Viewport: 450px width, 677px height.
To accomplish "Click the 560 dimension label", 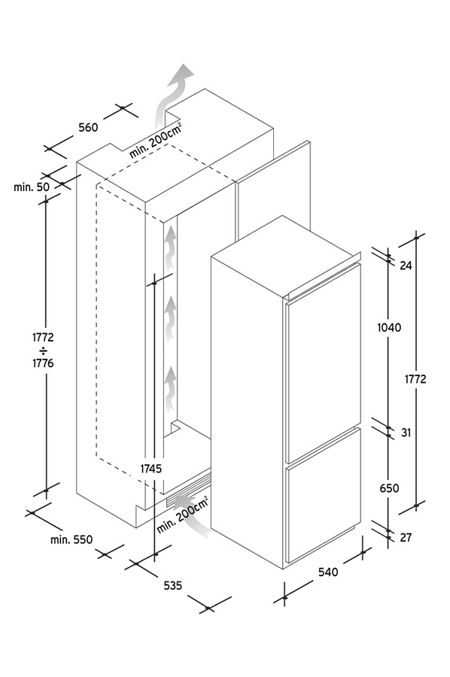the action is [89, 127].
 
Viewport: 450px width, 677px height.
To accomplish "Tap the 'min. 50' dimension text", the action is [32, 187].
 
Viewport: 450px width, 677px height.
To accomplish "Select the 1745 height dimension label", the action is [151, 469].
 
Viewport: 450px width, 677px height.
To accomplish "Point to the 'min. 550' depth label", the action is [71, 539].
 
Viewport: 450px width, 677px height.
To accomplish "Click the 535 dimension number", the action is [173, 585].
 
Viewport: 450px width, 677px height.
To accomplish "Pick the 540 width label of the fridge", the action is [328, 572].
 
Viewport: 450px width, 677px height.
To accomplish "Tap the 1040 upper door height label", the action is [389, 328].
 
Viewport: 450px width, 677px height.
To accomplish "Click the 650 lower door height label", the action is [389, 488].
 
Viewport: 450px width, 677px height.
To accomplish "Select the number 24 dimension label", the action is [406, 266].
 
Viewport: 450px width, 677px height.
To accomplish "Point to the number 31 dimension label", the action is [406, 433].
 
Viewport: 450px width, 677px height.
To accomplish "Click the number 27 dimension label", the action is [406, 538].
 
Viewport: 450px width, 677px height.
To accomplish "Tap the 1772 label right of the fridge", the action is [415, 379].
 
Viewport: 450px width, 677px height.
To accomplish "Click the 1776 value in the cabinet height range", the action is [43, 363].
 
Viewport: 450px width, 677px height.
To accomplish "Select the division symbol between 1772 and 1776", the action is [43, 350].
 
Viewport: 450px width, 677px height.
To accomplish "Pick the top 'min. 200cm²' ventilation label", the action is [156, 141].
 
